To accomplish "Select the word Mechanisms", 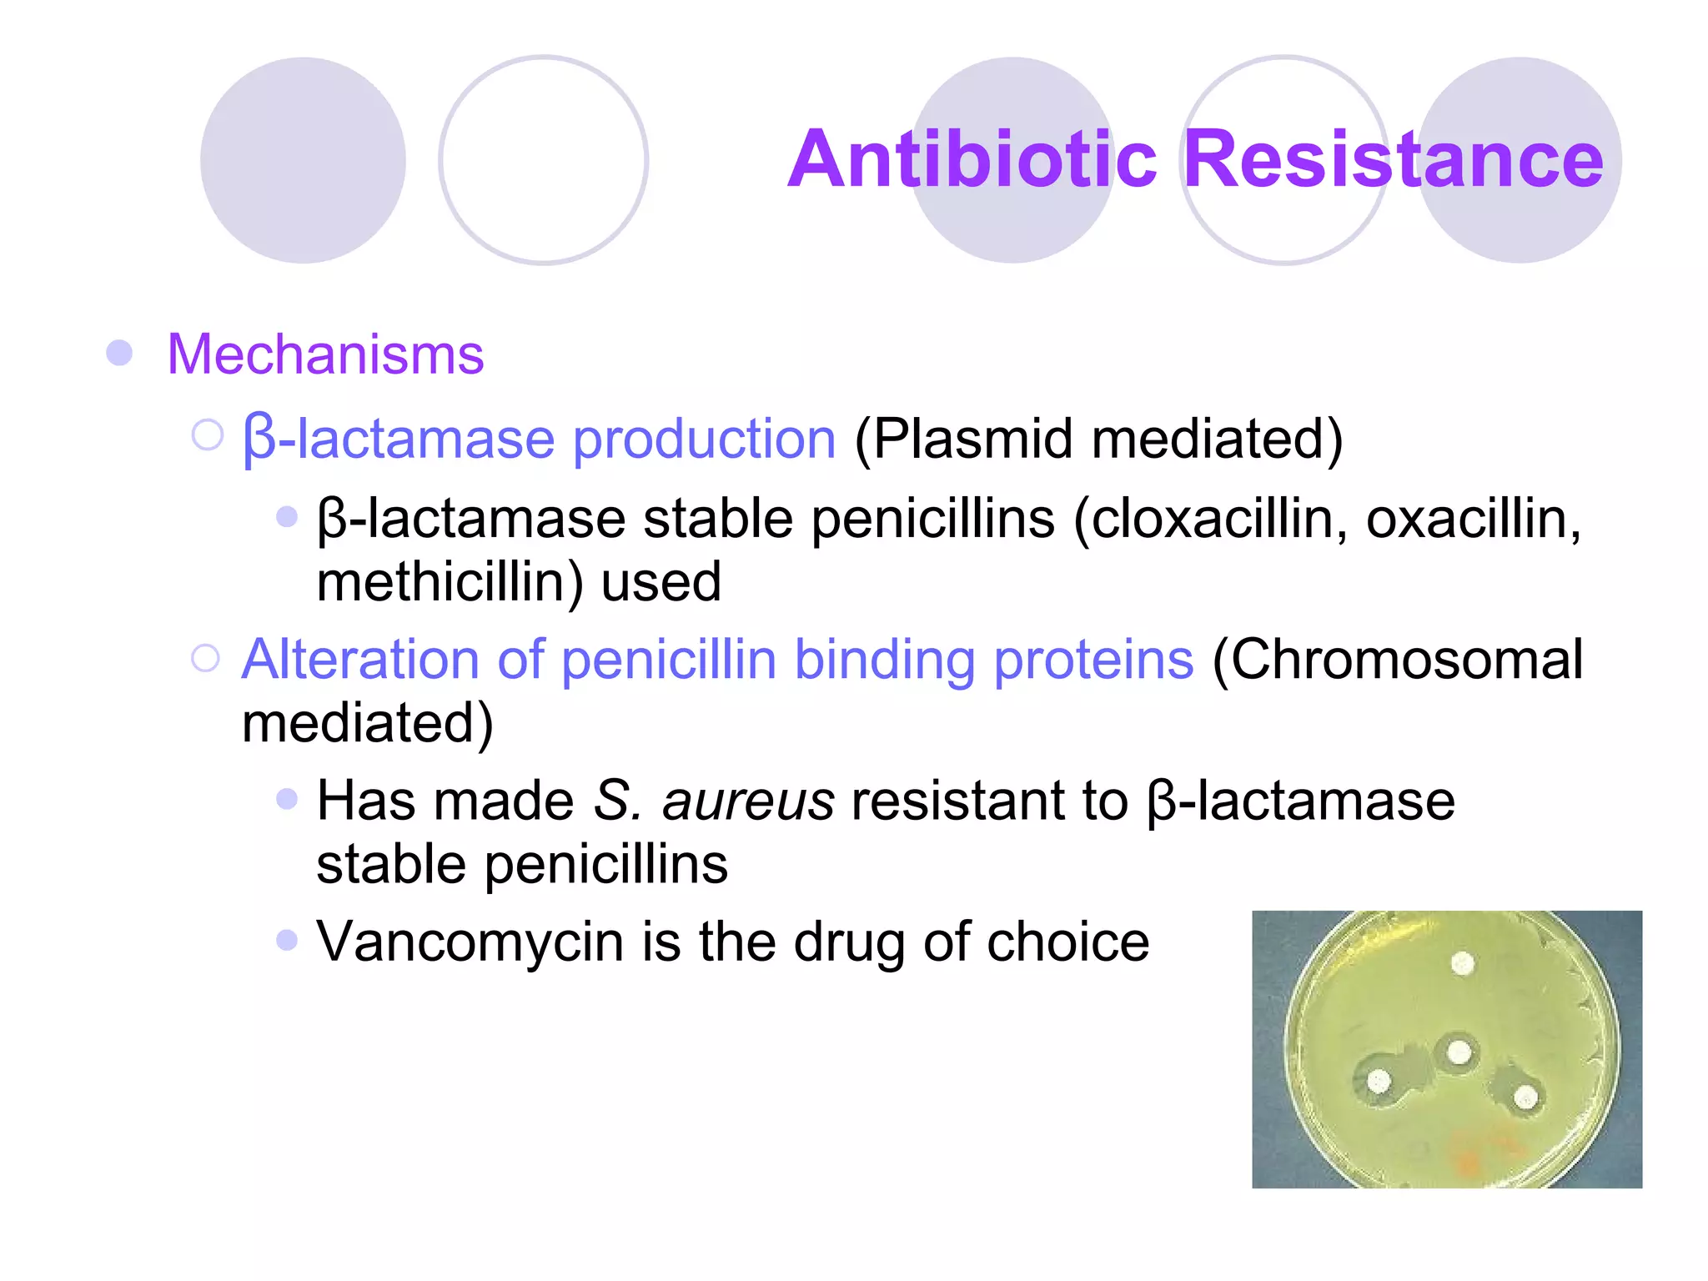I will point(325,354).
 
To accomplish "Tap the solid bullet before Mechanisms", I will point(119,353).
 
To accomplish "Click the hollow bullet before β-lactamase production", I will point(208,435).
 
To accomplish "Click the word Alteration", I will point(360,660).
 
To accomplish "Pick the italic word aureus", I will point(748,801).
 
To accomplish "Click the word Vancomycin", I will point(470,942).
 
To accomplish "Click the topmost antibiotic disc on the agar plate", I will point(1462,964).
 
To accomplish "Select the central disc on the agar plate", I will point(1459,1052).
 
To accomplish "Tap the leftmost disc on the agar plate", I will point(1379,1083).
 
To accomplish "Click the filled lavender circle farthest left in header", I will point(303,160).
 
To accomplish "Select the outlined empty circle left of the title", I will point(543,160).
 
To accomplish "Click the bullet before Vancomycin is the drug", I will point(287,941).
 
